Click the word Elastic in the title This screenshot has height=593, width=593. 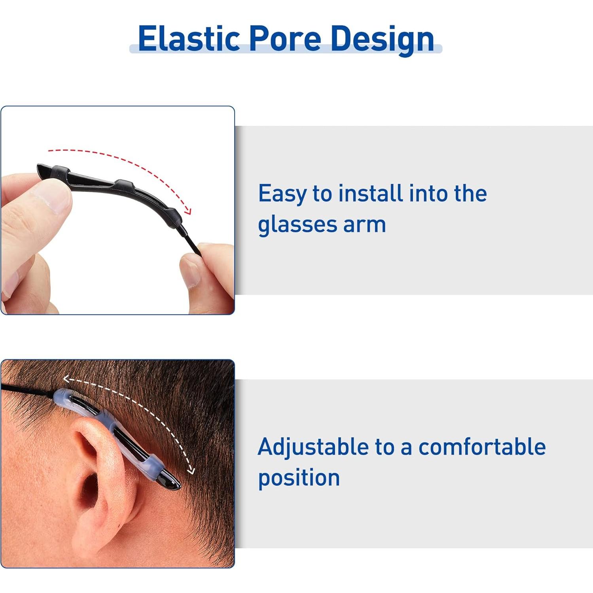pyautogui.click(x=189, y=38)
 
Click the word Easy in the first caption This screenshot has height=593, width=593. pyautogui.click(x=282, y=194)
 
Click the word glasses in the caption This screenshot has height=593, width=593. pyautogui.click(x=298, y=225)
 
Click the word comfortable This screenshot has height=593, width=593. pyautogui.click(x=482, y=447)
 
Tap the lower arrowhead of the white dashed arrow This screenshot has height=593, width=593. pyautogui.click(x=191, y=470)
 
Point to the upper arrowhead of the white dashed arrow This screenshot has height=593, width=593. pyautogui.click(x=67, y=380)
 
